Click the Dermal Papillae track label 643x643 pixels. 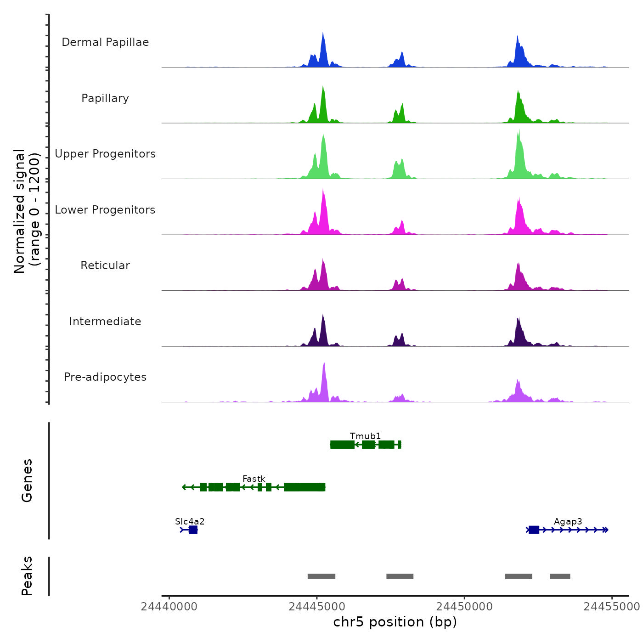[x=105, y=42]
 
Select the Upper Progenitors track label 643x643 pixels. [x=105, y=154]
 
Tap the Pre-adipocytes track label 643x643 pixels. [x=105, y=377]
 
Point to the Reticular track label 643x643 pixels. [x=105, y=265]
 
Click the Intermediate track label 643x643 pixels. [x=105, y=321]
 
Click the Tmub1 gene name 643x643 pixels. [x=365, y=436]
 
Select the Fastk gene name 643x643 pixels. [x=254, y=479]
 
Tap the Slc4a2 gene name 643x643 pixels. [x=190, y=521]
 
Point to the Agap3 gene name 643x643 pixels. [x=568, y=521]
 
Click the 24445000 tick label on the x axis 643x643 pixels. [x=317, y=607]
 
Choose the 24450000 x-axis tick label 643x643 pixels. [x=464, y=607]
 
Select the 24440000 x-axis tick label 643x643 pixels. [x=169, y=607]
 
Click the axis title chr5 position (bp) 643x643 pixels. [x=395, y=622]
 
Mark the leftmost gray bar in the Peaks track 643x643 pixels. [x=321, y=576]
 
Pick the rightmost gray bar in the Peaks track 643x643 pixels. [x=560, y=576]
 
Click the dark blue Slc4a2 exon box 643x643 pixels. [x=193, y=530]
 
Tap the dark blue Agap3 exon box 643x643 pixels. [x=534, y=530]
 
